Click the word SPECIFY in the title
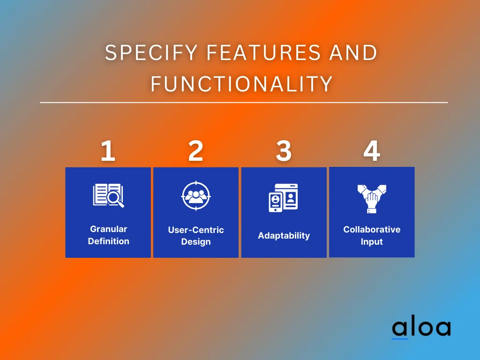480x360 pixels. pos(151,52)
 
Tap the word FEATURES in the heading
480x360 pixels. pos(263,52)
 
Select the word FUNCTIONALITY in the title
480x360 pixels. pos(242,83)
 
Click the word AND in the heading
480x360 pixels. pos(353,52)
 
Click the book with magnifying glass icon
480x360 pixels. pos(108,195)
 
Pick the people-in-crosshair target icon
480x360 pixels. pos(196,196)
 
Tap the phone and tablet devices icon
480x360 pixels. pos(283,198)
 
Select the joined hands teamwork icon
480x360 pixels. pos(372,199)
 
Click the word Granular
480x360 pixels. pos(109,229)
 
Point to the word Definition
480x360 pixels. pos(109,241)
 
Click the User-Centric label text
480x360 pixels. pos(196,230)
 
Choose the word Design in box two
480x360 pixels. pos(196,242)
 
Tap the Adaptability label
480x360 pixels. pos(284,235)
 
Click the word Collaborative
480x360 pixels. pos(372,229)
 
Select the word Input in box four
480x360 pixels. pos(372,241)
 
